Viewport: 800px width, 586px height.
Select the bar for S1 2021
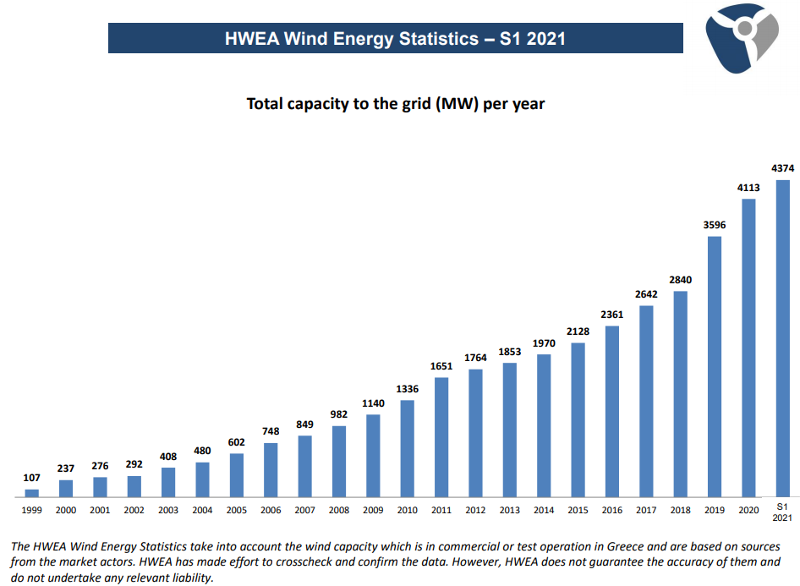pos(782,337)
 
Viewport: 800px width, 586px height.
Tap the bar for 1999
pos(32,492)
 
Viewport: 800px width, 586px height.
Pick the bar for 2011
pos(441,436)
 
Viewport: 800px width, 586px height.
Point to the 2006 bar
pos(271,469)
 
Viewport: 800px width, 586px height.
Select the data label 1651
pos(441,366)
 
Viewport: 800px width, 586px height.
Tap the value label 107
pos(32,479)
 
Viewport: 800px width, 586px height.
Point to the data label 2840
pos(680,280)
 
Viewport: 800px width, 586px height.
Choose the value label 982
pos(339,415)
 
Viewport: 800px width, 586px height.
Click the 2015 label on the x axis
pos(578,511)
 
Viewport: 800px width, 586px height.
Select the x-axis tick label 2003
pos(168,511)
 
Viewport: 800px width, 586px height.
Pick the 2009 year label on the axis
pos(373,511)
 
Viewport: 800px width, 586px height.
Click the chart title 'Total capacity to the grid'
pos(396,104)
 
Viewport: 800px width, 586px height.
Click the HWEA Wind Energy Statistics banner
pos(395,38)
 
